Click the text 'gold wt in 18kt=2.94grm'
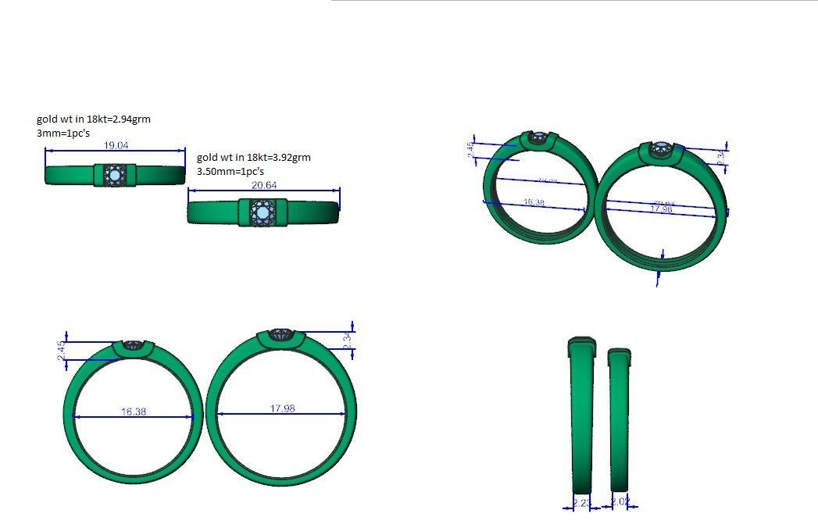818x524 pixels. [93, 119]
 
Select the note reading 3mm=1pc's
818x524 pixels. [63, 134]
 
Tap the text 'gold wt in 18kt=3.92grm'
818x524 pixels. [253, 157]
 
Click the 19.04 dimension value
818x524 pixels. [116, 145]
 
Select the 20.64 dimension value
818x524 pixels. [264, 185]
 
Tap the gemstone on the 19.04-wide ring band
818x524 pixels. [116, 175]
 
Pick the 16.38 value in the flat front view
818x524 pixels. [134, 411]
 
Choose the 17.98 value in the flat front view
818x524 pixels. [282, 408]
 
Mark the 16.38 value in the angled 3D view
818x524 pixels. [534, 202]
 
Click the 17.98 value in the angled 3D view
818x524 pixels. [661, 209]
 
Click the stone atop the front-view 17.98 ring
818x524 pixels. [281, 335]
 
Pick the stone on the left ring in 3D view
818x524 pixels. [538, 138]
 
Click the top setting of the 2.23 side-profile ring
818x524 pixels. [580, 340]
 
